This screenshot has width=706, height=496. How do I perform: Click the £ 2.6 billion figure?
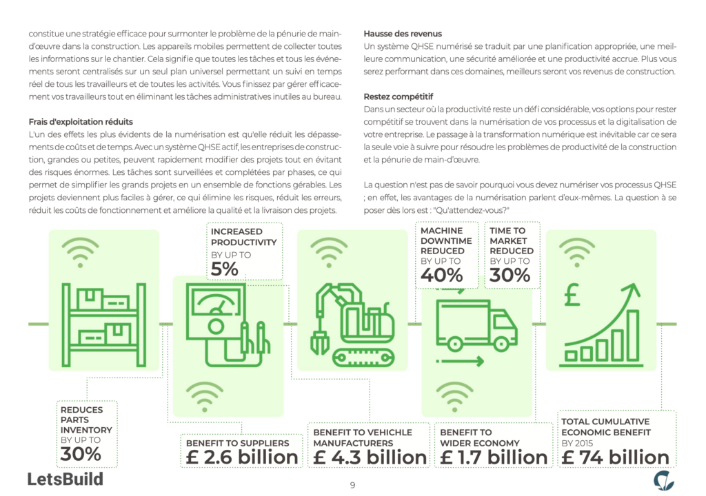[x=241, y=457]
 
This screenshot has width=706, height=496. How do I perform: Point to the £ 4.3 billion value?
[x=370, y=457]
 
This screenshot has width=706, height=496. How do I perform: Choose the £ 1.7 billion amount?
[x=494, y=457]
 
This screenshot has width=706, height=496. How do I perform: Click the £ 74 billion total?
[x=616, y=457]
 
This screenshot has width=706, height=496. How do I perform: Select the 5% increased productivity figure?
[x=225, y=269]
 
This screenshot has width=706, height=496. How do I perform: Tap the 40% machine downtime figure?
[x=441, y=276]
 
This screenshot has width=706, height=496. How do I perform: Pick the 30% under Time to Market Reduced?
[x=510, y=276]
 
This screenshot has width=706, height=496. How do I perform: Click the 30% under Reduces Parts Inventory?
[x=81, y=454]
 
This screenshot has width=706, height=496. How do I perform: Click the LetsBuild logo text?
[x=65, y=479]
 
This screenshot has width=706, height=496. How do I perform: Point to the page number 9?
[x=352, y=485]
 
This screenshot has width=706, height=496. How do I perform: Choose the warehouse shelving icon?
[x=103, y=323]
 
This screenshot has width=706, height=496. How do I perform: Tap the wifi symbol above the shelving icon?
[x=81, y=252]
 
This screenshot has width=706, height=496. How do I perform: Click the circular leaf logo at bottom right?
[x=663, y=479]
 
